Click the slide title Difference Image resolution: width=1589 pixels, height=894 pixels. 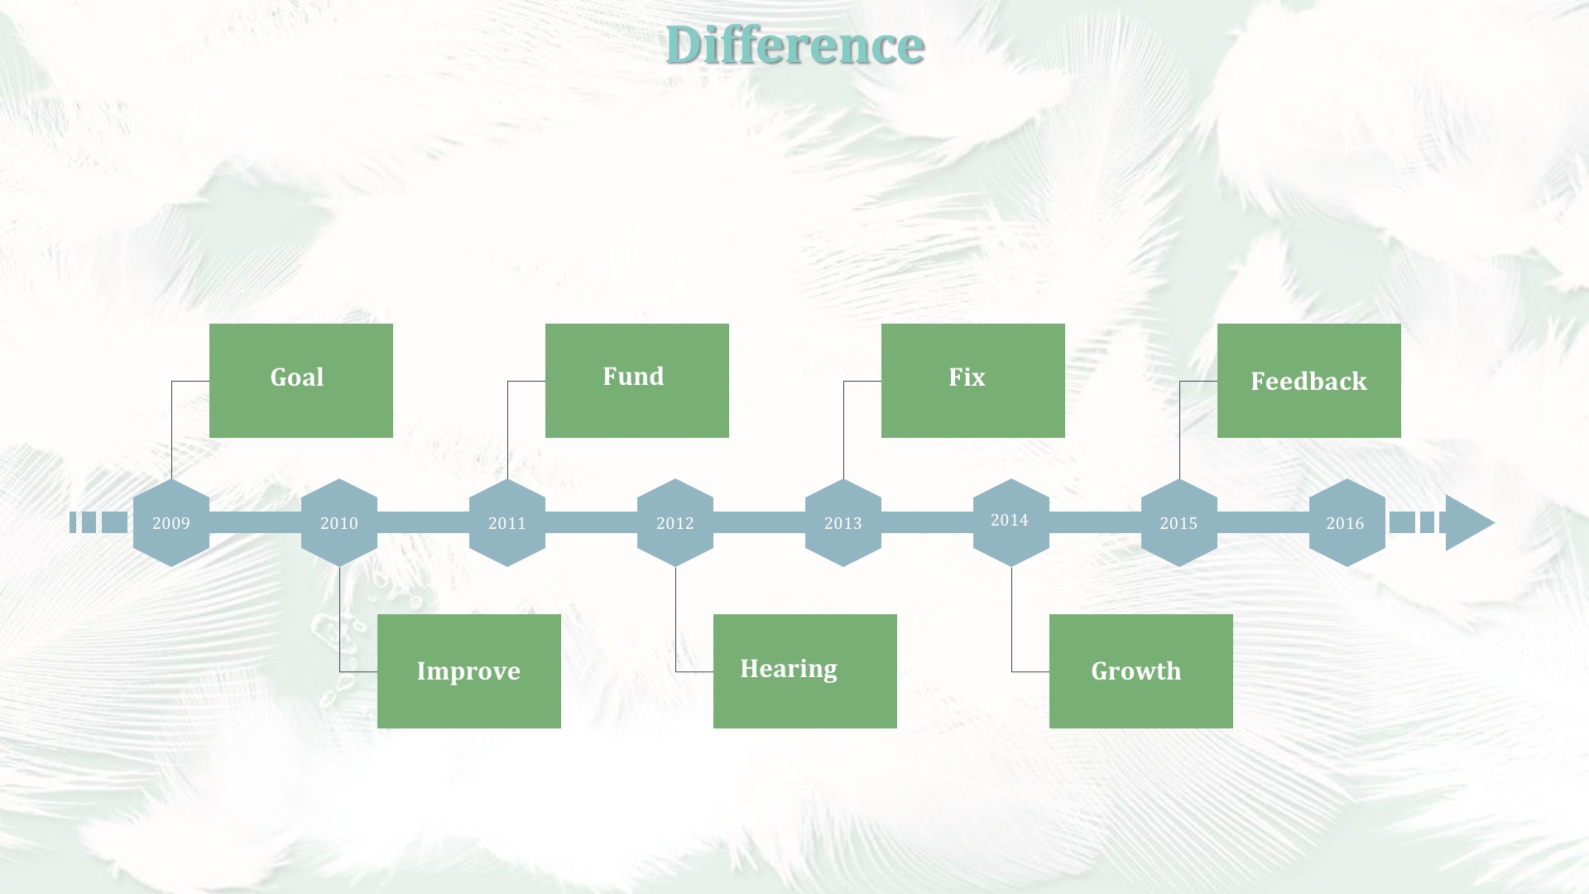tap(794, 45)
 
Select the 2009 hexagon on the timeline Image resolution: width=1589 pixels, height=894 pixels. tap(171, 522)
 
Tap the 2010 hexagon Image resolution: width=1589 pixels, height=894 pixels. tap(339, 522)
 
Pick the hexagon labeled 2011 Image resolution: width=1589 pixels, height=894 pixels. tap(507, 522)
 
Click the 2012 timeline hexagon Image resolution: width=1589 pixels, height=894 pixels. tap(675, 522)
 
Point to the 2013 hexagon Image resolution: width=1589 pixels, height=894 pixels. tap(843, 522)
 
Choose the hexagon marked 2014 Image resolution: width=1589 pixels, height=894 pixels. tap(1011, 522)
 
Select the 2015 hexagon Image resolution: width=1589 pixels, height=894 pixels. tap(1179, 522)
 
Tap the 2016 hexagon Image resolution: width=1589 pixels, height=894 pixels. tap(1347, 522)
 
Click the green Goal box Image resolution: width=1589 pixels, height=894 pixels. tap(301, 381)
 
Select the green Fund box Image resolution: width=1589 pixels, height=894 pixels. tap(637, 381)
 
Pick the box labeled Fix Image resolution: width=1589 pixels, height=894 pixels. tap(973, 381)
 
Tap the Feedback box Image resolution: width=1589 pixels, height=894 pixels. tap(1309, 381)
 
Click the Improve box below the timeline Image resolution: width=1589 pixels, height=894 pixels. tap(469, 671)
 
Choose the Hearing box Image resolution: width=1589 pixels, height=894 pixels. tap(805, 671)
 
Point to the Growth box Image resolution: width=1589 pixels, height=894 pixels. tap(1141, 671)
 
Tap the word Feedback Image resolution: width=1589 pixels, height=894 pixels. tap(1308, 381)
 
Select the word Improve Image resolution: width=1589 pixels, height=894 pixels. tap(468, 671)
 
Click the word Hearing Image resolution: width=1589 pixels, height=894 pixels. tap(789, 669)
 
